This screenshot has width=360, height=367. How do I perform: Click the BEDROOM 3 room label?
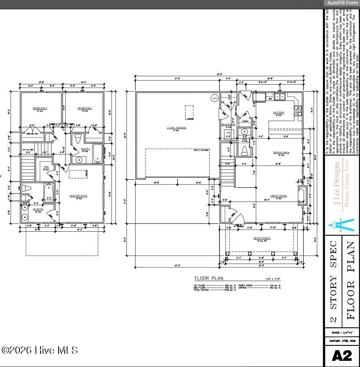pyautogui.click(x=40, y=108)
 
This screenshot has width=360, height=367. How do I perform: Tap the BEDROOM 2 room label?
pyautogui.click(x=85, y=108)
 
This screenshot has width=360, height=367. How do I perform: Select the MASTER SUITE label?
pyautogui.click(x=78, y=196)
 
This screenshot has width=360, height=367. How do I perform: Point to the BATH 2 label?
pyautogui.click(x=85, y=149)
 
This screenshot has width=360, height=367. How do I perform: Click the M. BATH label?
pyautogui.click(x=37, y=209)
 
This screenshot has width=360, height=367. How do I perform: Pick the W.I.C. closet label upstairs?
pyautogui.click(x=46, y=167)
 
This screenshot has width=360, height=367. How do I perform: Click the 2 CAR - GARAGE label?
pyautogui.click(x=176, y=128)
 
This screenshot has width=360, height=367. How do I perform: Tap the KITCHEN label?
pyautogui.click(x=278, y=113)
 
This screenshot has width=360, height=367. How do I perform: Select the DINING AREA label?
pyautogui.click(x=281, y=152)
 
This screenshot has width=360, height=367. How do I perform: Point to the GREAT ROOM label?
pyautogui.click(x=278, y=196)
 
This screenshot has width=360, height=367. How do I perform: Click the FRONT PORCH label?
pyautogui.click(x=262, y=238)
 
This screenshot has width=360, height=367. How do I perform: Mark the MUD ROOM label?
pyautogui.click(x=228, y=125)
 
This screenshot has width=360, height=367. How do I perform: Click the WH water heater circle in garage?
pyautogui.click(x=215, y=98)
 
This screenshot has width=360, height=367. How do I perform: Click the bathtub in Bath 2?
pyautogui.click(x=98, y=154)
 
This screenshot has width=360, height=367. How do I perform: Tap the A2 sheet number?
pyautogui.click(x=341, y=356)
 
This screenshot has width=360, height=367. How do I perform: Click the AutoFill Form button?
pyautogui.click(x=342, y=3)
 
